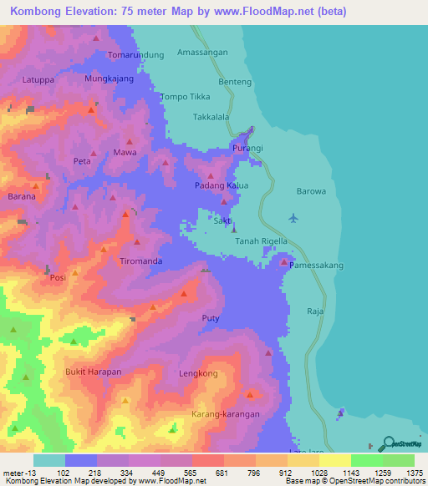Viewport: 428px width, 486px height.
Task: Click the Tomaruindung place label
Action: click(136, 55)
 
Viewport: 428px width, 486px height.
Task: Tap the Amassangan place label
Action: click(202, 52)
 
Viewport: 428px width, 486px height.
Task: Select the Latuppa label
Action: click(39, 80)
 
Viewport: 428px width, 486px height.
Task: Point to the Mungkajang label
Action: click(110, 79)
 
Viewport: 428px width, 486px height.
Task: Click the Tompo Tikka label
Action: click(184, 96)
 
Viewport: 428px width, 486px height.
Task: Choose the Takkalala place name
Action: click(211, 118)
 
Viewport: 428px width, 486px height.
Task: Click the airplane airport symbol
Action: click(293, 219)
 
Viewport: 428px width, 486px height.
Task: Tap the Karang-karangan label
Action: click(226, 414)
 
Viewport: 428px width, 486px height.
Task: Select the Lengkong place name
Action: click(198, 374)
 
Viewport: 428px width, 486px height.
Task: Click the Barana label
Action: click(22, 197)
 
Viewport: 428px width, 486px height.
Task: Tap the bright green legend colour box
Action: click(366, 460)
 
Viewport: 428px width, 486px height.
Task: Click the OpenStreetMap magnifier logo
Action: click(389, 444)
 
